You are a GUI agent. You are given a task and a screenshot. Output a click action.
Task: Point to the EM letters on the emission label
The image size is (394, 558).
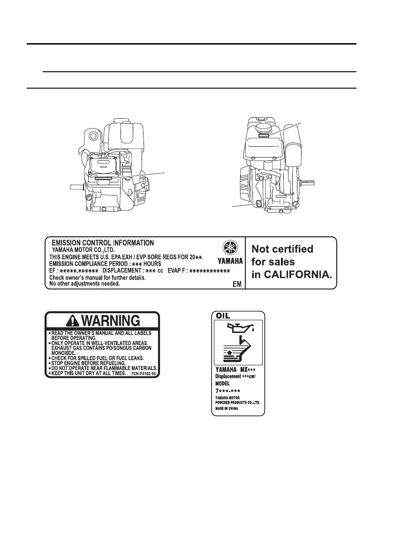(x=237, y=285)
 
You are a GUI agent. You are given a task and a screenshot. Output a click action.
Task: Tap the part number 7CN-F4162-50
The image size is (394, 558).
(x=144, y=374)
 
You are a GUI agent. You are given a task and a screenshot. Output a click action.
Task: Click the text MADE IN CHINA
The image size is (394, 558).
(x=227, y=408)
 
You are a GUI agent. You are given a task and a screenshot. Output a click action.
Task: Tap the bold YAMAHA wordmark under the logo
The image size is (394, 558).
(x=230, y=261)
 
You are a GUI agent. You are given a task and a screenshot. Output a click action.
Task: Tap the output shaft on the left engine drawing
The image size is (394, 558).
(x=76, y=186)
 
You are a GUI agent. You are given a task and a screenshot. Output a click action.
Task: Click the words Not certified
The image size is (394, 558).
(x=282, y=249)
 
